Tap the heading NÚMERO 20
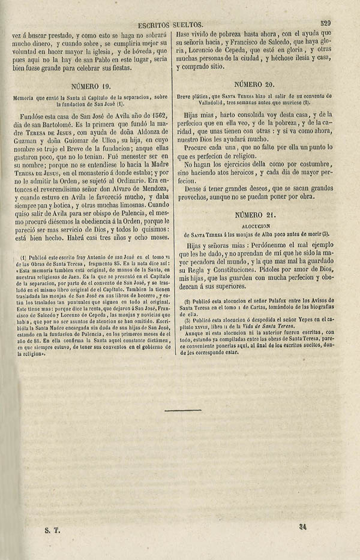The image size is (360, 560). click(x=256, y=85)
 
